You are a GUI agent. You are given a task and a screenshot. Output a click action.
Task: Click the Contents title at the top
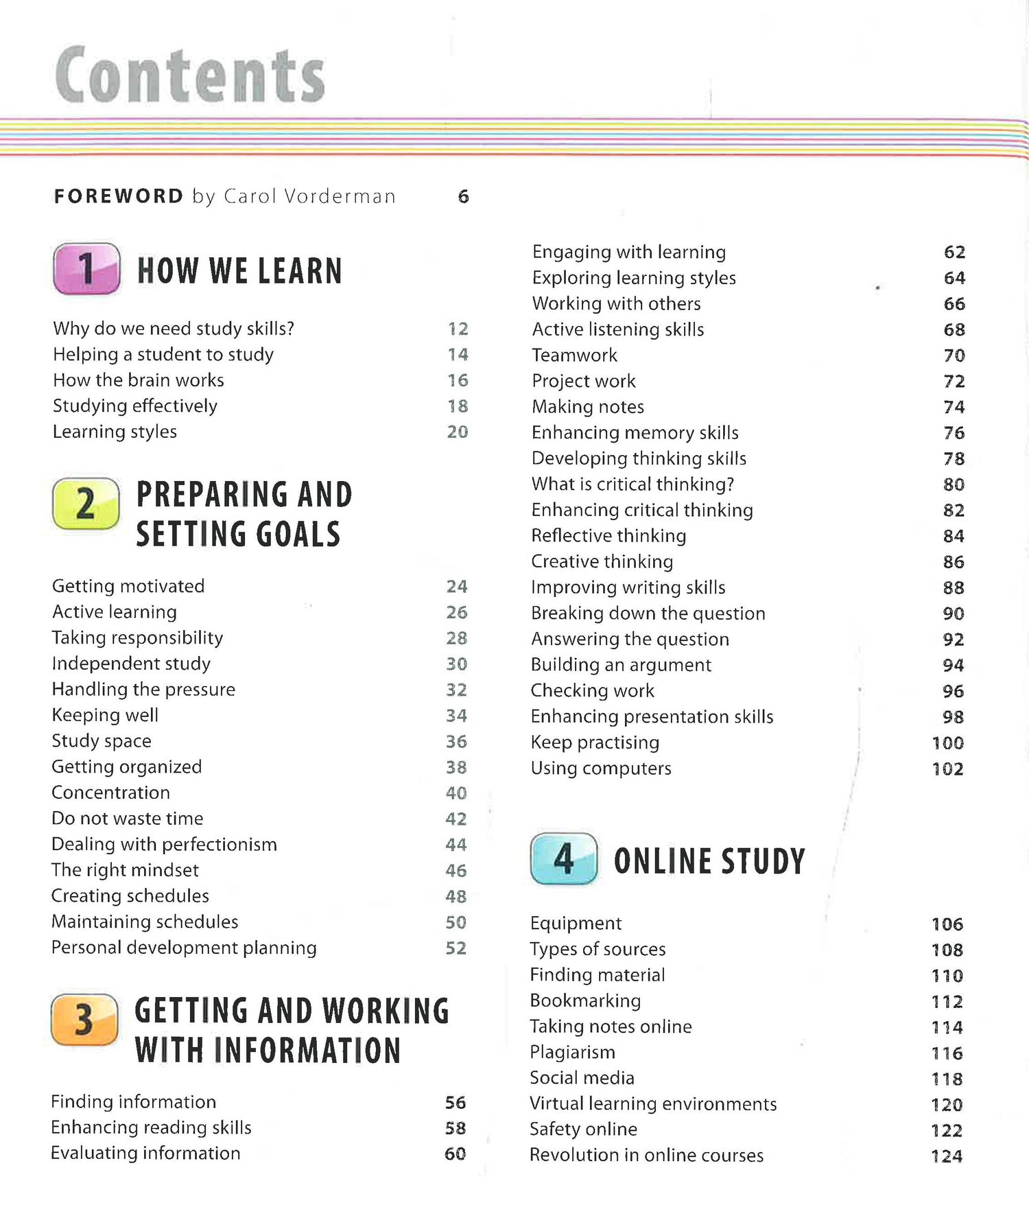pyautogui.click(x=189, y=75)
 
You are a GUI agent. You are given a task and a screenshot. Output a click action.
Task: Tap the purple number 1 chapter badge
pyautogui.click(x=86, y=268)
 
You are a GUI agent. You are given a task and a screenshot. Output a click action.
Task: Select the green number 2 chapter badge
pyautogui.click(x=86, y=504)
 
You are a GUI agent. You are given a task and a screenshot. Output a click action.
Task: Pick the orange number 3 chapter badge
pyautogui.click(x=84, y=1020)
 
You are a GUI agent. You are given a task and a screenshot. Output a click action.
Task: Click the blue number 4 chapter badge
pyautogui.click(x=563, y=858)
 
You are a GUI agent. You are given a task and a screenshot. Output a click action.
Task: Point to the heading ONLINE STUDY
pyautogui.click(x=709, y=861)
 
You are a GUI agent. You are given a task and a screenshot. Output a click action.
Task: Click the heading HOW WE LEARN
pyautogui.click(x=239, y=270)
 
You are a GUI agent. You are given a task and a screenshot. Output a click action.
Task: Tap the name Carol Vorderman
pyautogui.click(x=310, y=197)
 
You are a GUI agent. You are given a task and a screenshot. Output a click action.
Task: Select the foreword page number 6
pyautogui.click(x=463, y=197)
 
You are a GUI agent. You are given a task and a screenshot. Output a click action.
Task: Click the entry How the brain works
pyautogui.click(x=139, y=380)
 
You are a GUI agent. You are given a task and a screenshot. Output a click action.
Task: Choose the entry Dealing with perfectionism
pyautogui.click(x=164, y=844)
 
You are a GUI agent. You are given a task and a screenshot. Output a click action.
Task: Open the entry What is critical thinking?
pyautogui.click(x=632, y=484)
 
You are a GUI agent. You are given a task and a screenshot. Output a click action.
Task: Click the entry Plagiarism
pyautogui.click(x=572, y=1052)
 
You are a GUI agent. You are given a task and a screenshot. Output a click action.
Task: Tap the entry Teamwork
pyautogui.click(x=574, y=355)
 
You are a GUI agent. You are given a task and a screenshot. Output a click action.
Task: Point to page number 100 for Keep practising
pyautogui.click(x=947, y=743)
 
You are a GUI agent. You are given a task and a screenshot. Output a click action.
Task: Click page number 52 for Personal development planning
pyautogui.click(x=456, y=948)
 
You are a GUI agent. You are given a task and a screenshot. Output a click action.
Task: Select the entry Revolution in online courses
pyautogui.click(x=646, y=1156)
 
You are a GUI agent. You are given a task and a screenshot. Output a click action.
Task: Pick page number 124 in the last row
pyautogui.click(x=947, y=1156)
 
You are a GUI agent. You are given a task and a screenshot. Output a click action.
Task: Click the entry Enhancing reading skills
pyautogui.click(x=151, y=1127)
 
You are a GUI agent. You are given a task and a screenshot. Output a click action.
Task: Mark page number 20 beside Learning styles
pyautogui.click(x=457, y=432)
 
